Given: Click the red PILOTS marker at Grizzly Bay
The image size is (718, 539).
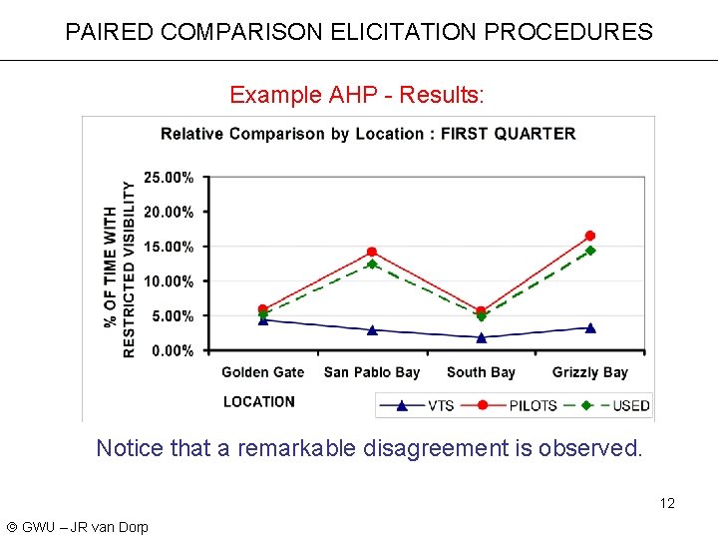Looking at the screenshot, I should coord(590,236).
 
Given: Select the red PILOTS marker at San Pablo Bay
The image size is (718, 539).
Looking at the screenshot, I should coord(372,252).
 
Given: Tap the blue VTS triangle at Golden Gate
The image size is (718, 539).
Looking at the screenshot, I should coord(263,319).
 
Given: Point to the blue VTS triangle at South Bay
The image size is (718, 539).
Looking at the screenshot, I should coord(482,337).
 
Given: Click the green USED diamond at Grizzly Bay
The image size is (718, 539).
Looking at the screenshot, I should coord(590,251).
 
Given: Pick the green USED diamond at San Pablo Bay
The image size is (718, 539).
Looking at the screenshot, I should coord(372,265).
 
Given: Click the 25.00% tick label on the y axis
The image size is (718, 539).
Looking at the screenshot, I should coord(170,178).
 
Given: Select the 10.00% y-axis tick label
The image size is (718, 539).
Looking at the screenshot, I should coord(170,281).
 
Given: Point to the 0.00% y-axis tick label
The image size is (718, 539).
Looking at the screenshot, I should coord(173,350).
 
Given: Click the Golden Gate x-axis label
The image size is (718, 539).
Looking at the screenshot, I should coord(262,372).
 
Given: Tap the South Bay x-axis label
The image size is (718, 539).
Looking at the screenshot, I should coord(481,372).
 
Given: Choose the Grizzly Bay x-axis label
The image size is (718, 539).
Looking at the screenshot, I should coord(590,372).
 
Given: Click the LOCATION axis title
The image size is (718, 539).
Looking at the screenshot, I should coord(259,401).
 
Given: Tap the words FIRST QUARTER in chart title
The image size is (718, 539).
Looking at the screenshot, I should coord(508,134).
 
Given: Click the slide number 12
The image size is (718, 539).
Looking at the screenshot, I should coord(667,503).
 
